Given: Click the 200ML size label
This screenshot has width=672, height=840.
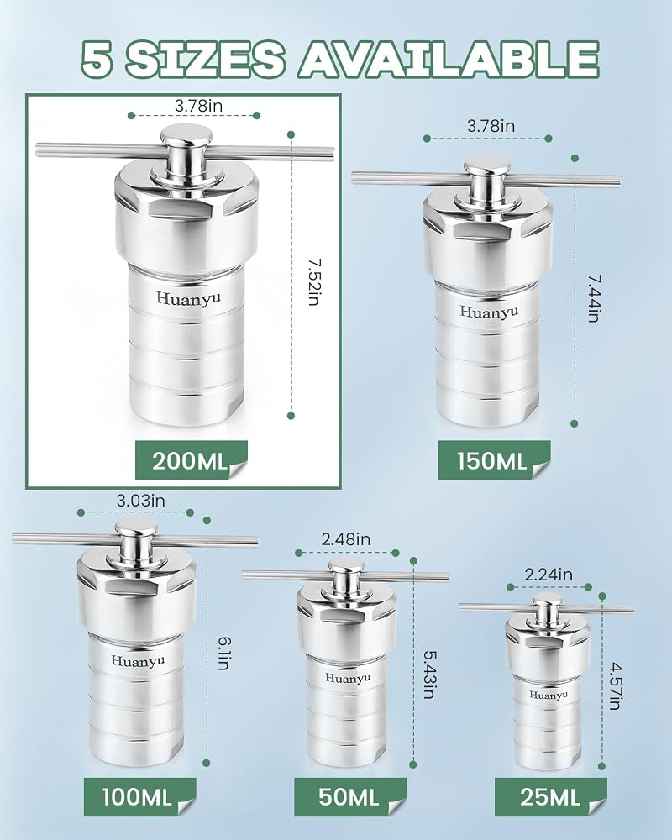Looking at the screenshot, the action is coord(191,460).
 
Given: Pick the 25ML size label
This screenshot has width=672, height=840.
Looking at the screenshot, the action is coord(550,797).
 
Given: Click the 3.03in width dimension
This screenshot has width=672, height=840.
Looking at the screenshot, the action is coord(141,501).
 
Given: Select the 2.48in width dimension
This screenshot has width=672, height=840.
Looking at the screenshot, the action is coord(346,539).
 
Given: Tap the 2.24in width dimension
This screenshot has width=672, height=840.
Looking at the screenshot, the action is coord(549,575).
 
